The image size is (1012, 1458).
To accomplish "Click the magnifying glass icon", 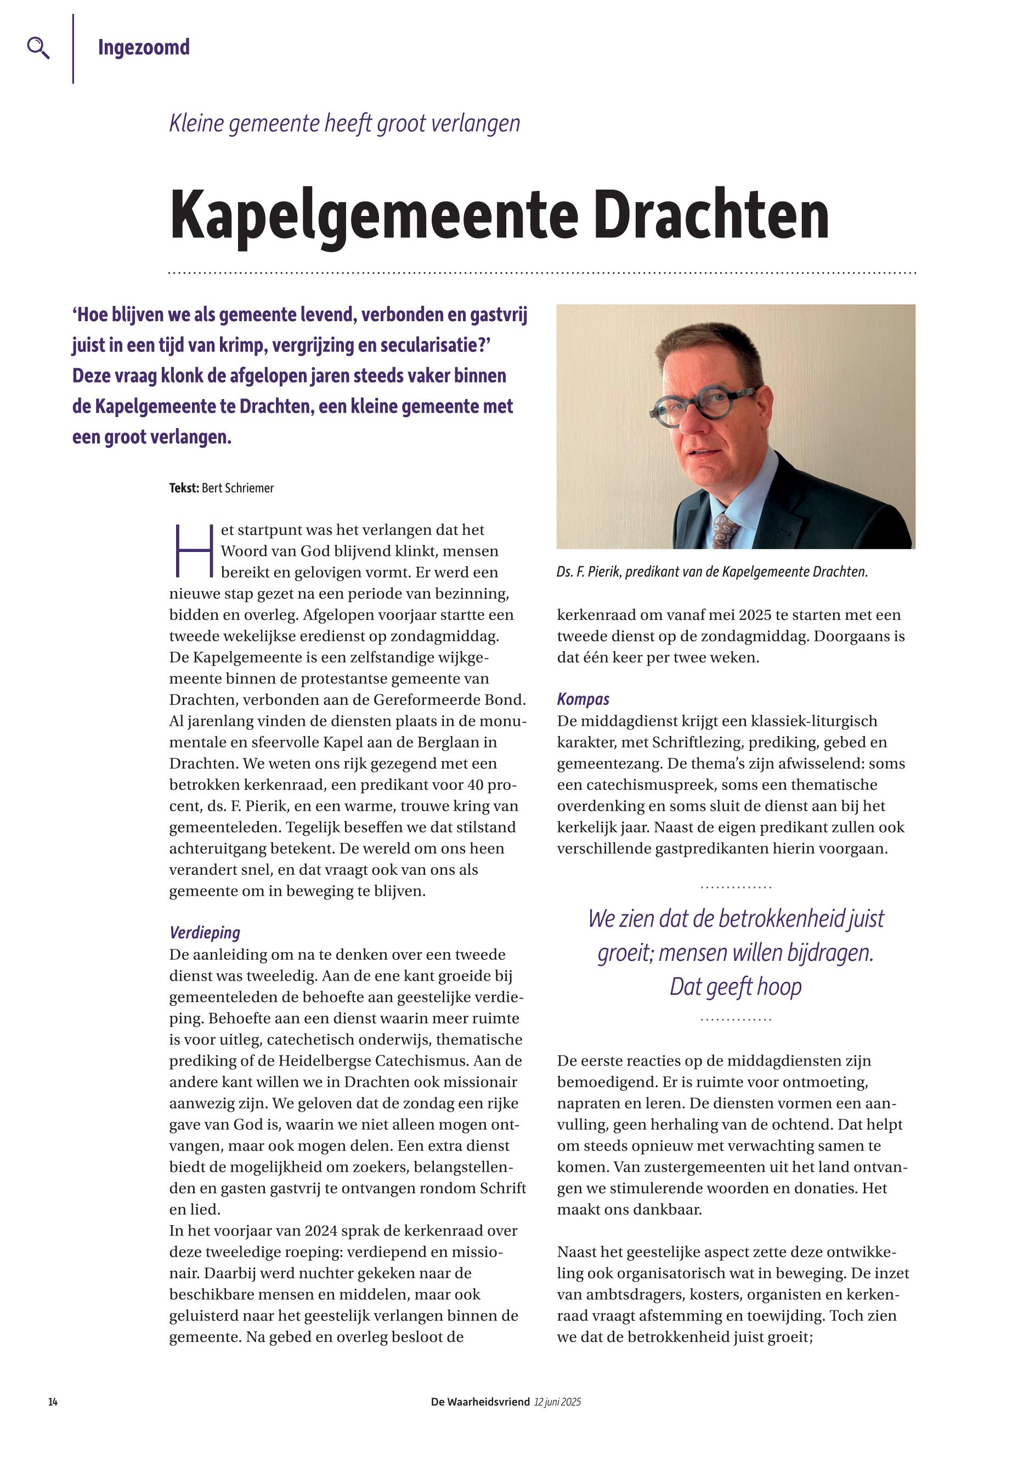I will tap(38, 48).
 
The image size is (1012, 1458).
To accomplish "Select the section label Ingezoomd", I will tap(143, 48).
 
